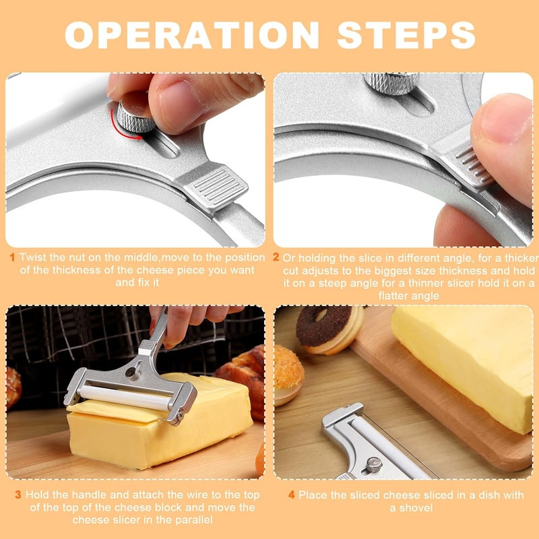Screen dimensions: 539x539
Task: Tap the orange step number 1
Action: click(x=13, y=257)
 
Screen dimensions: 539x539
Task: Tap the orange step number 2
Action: click(x=276, y=257)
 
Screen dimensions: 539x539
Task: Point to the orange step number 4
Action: click(x=292, y=495)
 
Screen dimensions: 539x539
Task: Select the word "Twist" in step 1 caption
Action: click(x=32, y=257)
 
